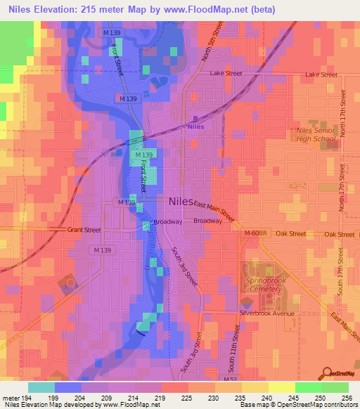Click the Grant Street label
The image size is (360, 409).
pos(84,230)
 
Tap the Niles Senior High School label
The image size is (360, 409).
pos(316,134)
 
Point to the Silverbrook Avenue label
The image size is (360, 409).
pos(266,313)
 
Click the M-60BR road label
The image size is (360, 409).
pos(256,233)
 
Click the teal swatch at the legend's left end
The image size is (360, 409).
pos(41,387)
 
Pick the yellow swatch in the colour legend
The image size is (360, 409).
pos(281,387)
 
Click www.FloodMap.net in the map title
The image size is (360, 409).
pos(218,9)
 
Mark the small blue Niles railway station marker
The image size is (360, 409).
pos(195,119)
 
